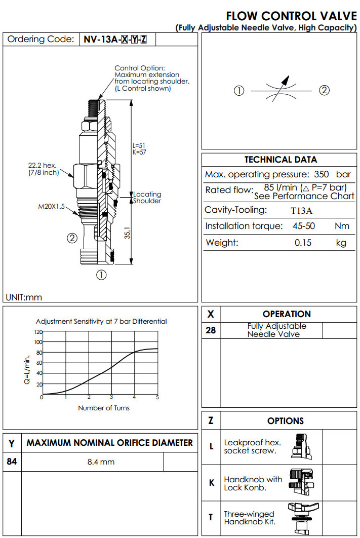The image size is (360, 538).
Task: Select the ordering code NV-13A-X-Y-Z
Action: click(115, 40)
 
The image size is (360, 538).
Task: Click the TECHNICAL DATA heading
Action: click(281, 160)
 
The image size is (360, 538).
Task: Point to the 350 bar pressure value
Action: click(332, 174)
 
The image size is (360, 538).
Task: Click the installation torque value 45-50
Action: click(302, 226)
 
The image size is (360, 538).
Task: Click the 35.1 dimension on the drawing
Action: click(128, 232)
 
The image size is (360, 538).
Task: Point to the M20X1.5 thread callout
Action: click(52, 206)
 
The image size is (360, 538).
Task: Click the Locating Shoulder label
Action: click(147, 198)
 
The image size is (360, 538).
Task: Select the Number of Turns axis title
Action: click(103, 408)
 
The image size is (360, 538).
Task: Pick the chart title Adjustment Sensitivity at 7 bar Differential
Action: click(101, 321)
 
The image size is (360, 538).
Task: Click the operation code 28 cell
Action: click(211, 330)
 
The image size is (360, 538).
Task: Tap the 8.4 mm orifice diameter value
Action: click(101, 462)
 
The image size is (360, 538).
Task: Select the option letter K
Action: click(212, 483)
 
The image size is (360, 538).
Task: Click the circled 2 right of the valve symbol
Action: click(324, 91)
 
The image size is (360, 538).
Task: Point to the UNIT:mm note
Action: click(24, 297)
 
